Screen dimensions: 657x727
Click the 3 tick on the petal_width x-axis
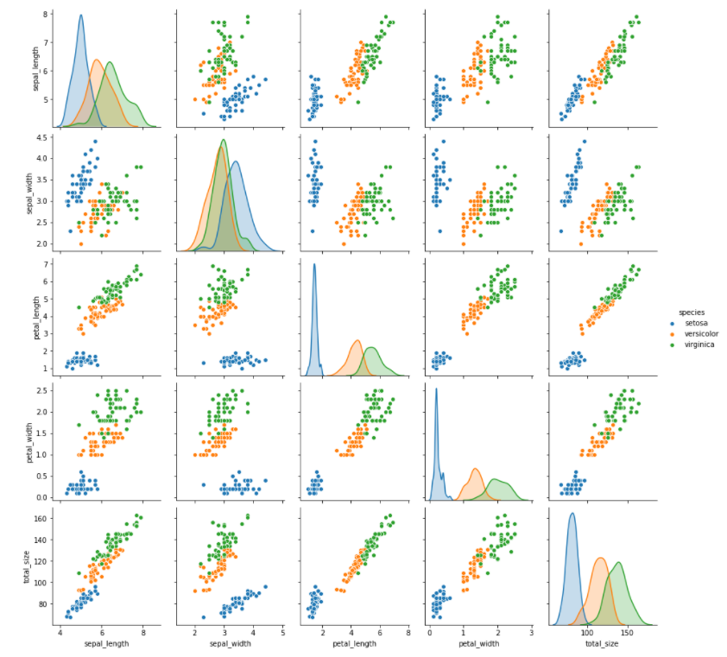(531, 632)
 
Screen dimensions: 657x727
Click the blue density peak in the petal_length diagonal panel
(314, 264)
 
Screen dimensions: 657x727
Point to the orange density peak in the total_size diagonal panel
(600, 558)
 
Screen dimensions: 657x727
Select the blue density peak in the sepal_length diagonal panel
(81, 15)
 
